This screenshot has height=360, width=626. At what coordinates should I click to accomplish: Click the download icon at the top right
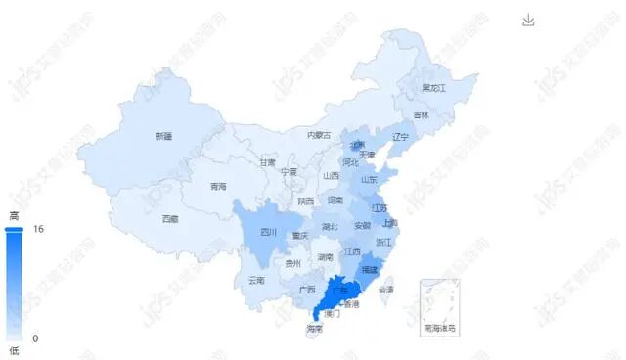tap(529, 21)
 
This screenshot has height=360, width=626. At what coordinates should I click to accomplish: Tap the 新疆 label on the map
tap(163, 136)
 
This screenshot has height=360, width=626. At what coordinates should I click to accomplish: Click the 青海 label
tap(218, 186)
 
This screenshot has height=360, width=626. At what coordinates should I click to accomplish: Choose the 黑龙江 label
tap(433, 88)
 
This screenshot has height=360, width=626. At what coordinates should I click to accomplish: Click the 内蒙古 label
tap(319, 135)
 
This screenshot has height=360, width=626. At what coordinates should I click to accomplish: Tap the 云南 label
tap(256, 280)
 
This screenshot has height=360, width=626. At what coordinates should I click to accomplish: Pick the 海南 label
tap(314, 329)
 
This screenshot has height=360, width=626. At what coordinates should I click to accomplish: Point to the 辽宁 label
tap(400, 137)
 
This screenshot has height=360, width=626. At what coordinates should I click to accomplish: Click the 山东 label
tap(369, 180)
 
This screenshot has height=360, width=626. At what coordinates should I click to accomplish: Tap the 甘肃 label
tap(268, 162)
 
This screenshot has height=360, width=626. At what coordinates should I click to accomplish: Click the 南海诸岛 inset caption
tap(440, 328)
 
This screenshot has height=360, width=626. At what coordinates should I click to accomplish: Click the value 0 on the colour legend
tap(36, 338)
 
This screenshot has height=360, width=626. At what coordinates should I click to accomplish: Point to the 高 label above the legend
tap(14, 215)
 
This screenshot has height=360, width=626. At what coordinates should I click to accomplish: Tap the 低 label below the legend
tap(14, 350)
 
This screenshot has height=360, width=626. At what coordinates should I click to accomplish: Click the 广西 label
tap(307, 290)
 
